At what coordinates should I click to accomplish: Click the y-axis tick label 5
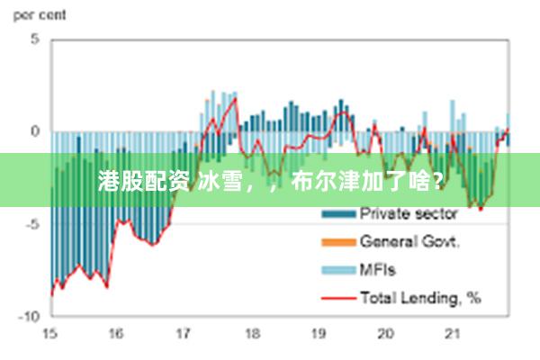tap(35, 40)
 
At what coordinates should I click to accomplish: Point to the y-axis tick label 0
tap(35, 131)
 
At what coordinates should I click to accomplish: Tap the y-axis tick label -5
tap(33, 224)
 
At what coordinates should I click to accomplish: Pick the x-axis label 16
tap(116, 334)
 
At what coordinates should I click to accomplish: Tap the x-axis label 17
tap(184, 334)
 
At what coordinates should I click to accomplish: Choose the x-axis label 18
tap(251, 334)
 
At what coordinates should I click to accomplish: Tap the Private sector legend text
tap(409, 214)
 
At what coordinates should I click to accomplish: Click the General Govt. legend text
tap(410, 241)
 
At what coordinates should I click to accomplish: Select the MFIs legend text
tap(378, 269)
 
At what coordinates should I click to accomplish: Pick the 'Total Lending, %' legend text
tap(420, 297)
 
